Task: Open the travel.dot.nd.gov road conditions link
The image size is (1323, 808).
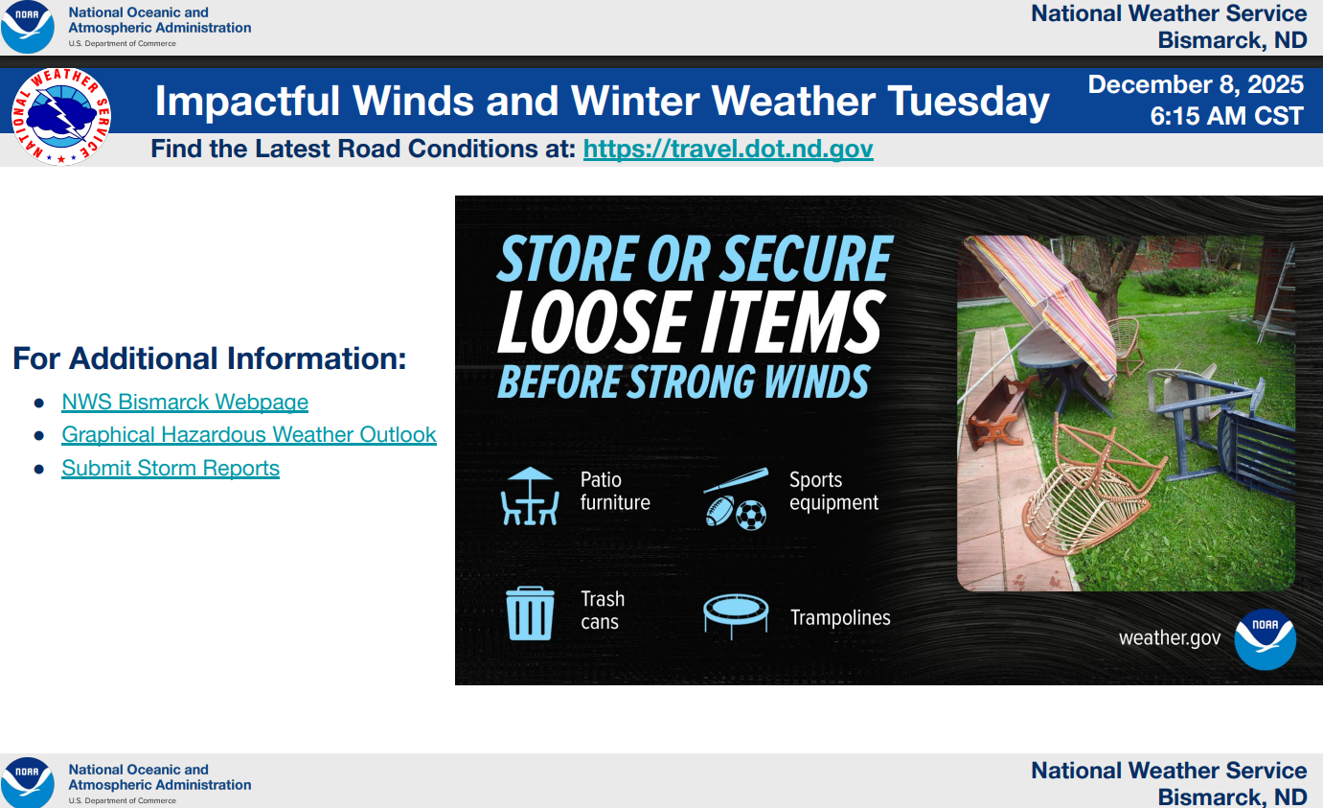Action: (x=728, y=149)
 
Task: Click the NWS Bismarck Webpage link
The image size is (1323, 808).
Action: (x=185, y=402)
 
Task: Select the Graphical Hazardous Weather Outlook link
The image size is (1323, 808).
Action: (x=249, y=435)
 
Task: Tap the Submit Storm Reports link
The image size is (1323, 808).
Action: (x=171, y=468)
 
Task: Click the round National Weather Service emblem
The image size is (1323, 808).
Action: (x=61, y=116)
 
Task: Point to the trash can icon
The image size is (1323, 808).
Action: (x=530, y=612)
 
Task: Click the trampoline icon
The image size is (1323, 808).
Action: (x=736, y=615)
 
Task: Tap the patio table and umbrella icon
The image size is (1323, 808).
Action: (x=530, y=496)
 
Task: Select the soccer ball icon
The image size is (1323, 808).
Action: (x=751, y=516)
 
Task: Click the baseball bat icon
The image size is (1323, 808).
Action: (x=736, y=480)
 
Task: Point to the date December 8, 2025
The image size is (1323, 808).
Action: (x=1196, y=84)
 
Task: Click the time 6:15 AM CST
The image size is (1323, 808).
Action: (x=1227, y=116)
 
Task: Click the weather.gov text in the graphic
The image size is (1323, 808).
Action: (x=1170, y=637)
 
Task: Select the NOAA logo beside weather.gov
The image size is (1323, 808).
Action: (x=1266, y=639)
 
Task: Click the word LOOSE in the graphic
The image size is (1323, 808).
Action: (x=592, y=322)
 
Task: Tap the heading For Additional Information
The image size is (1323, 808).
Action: (x=210, y=358)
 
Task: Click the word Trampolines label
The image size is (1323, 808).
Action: (x=840, y=617)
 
